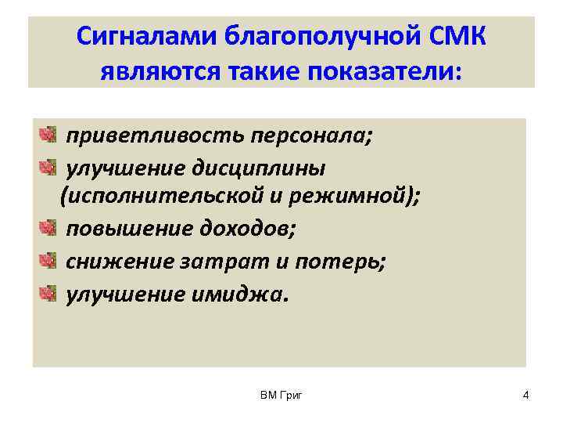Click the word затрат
242,262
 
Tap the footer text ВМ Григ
281,396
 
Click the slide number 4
525,396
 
